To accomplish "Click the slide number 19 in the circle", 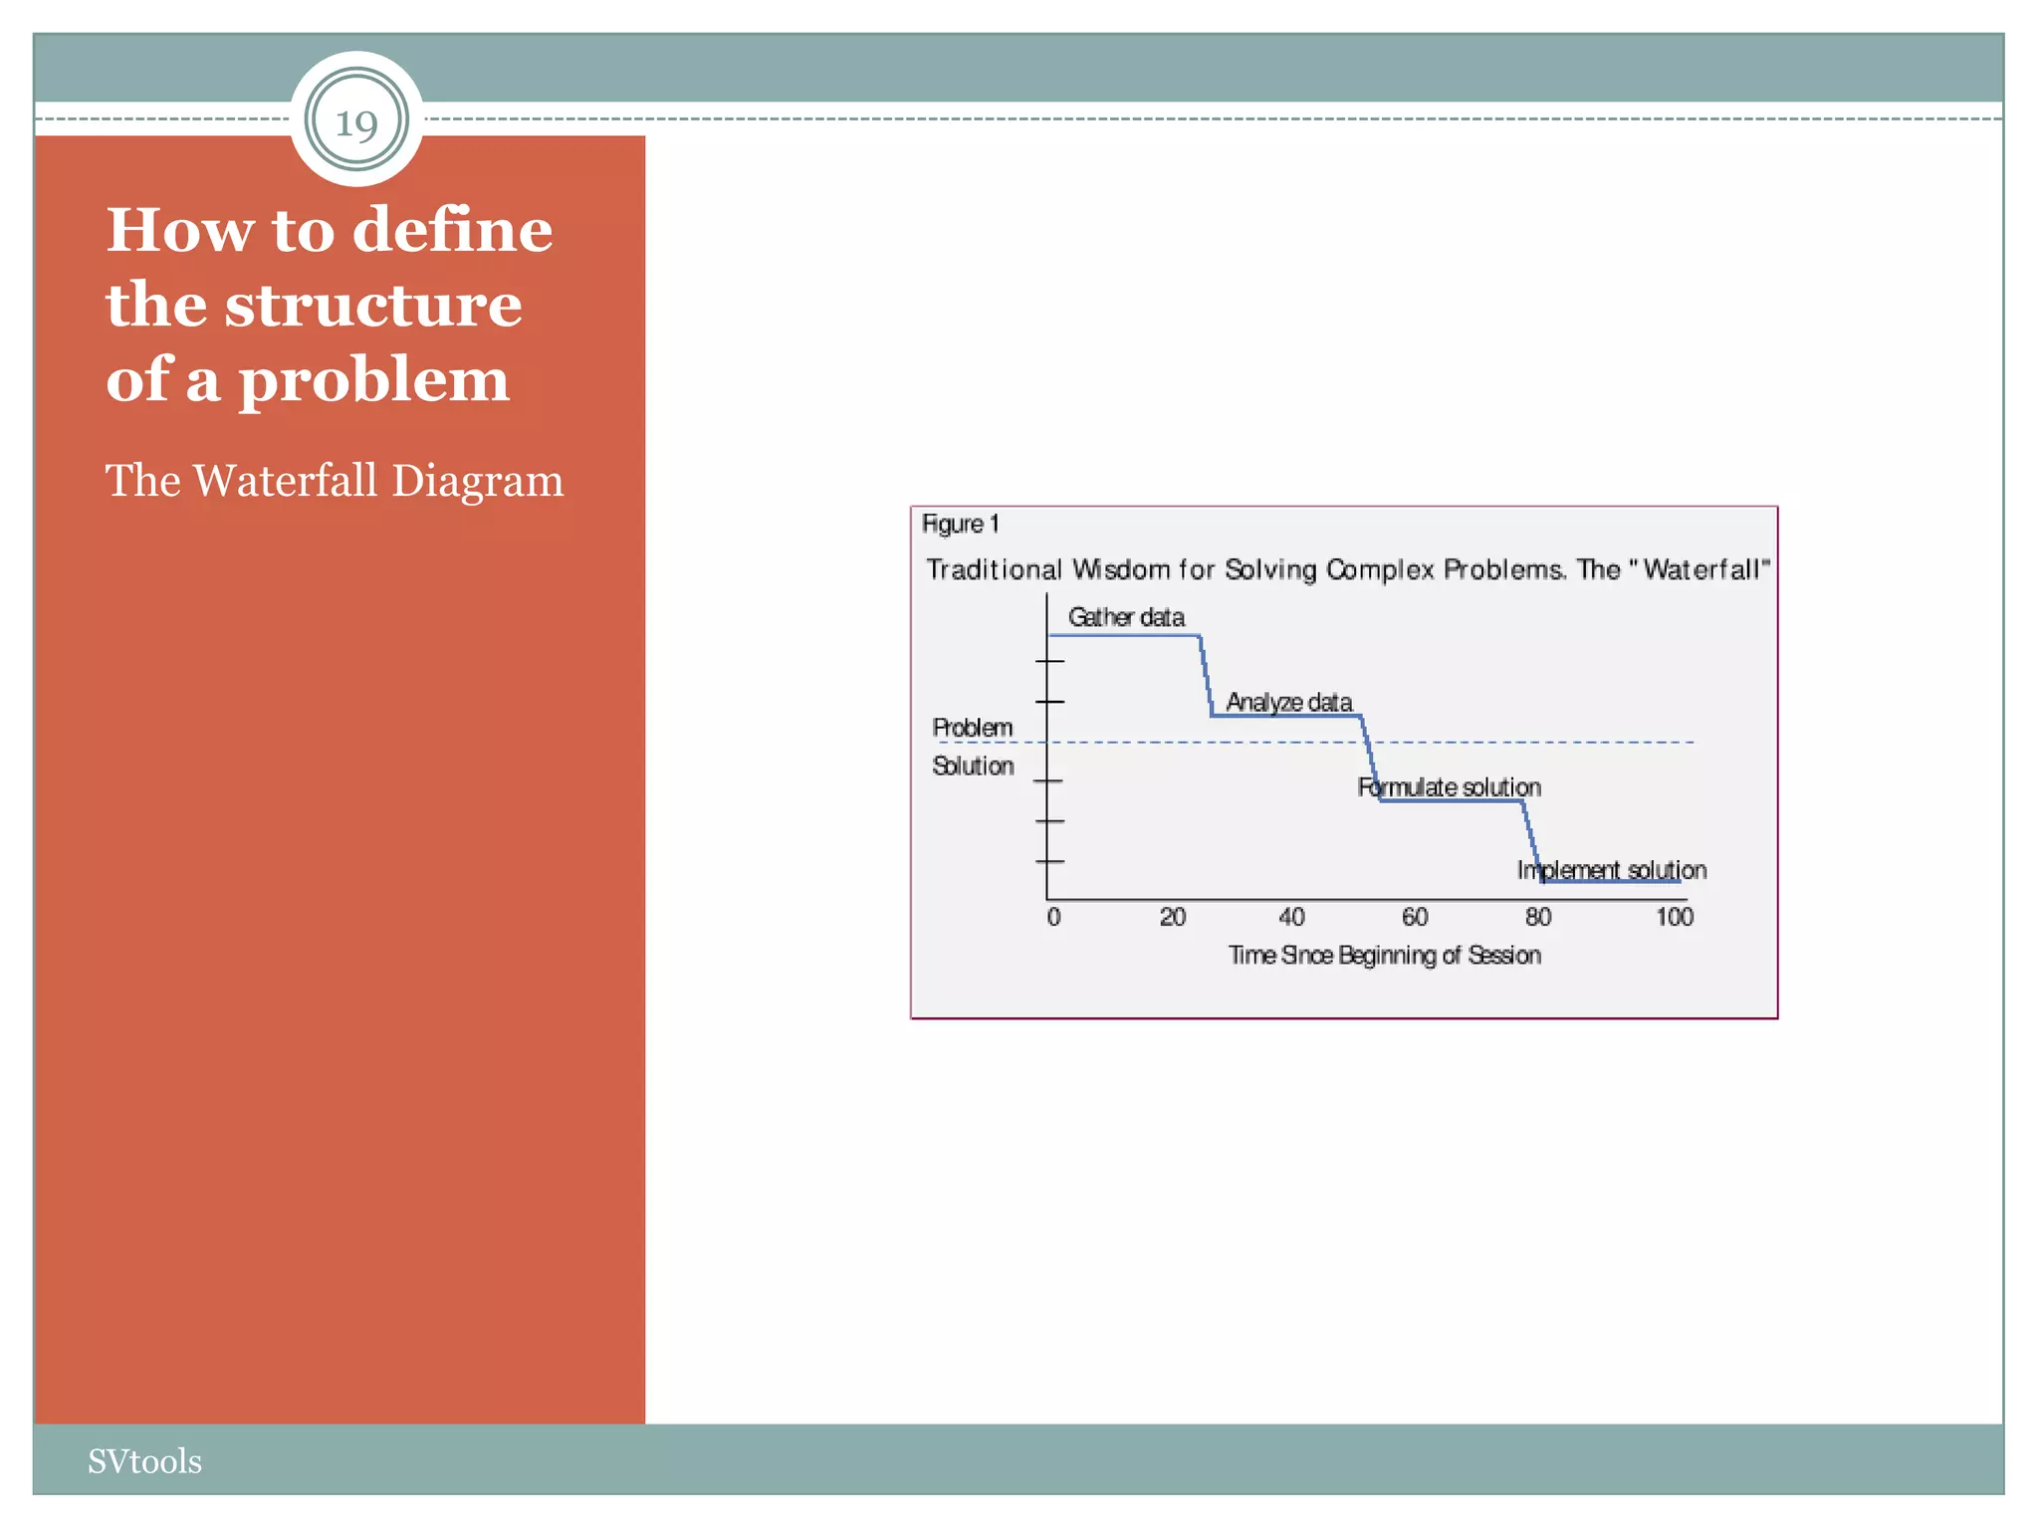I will point(356,123).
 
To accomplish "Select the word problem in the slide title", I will point(373,380).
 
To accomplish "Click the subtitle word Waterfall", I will point(285,481).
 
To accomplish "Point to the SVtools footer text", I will point(144,1460).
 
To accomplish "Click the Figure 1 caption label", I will point(960,525).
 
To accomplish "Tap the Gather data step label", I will point(1126,617).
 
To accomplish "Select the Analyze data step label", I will point(1288,702).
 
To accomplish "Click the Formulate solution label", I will point(1449,787).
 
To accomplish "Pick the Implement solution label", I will point(1611,870).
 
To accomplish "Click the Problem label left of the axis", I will point(972,728).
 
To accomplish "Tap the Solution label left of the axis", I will point(973,765).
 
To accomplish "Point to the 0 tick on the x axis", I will point(1053,917).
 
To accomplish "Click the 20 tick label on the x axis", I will point(1172,917).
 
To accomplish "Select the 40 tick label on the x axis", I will point(1291,917).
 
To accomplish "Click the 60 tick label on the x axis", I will point(1414,917).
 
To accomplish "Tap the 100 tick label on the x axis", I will point(1674,917).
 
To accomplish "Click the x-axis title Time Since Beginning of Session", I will point(1384,956).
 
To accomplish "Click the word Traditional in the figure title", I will point(994,569).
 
